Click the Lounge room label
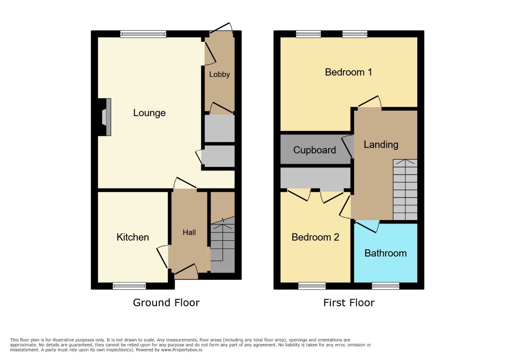[x=149, y=113]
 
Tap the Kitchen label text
[x=133, y=237]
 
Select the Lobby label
[x=219, y=75]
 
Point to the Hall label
[x=189, y=232]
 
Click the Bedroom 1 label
[x=348, y=72]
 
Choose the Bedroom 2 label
[x=315, y=237]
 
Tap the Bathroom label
[x=386, y=253]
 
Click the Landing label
[x=381, y=145]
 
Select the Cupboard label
[x=314, y=150]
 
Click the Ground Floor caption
[x=166, y=302]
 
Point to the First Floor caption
[x=349, y=302]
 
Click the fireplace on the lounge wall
[x=105, y=117]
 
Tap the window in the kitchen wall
[x=129, y=286]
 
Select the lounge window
[x=143, y=34]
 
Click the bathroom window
[x=386, y=286]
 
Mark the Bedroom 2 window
[x=312, y=286]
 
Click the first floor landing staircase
[x=405, y=190]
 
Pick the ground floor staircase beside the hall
[x=223, y=244]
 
